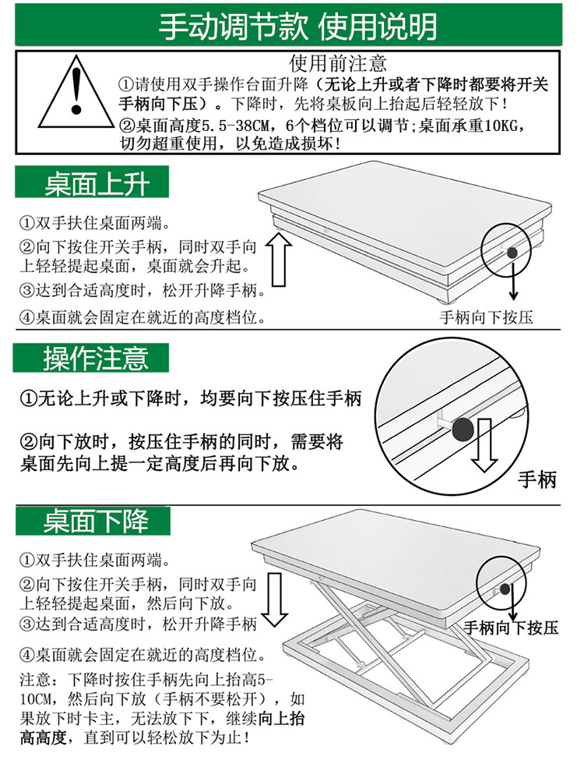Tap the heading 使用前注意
(338, 63)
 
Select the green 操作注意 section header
(91, 358)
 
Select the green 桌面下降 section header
(93, 522)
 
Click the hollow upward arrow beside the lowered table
(279, 260)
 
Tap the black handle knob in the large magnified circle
(463, 430)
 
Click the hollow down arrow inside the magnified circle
(484, 445)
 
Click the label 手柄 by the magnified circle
(537, 479)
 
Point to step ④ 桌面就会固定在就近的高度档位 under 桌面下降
(142, 655)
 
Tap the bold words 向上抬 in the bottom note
(281, 719)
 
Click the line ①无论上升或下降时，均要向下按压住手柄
(191, 398)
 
